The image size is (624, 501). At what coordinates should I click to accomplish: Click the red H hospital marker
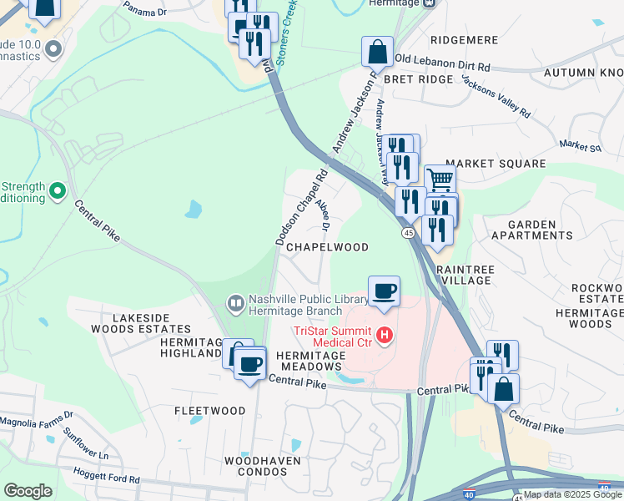(385, 336)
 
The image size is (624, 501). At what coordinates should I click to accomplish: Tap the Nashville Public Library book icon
(236, 302)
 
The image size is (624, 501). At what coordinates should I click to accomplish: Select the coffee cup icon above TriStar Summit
(384, 291)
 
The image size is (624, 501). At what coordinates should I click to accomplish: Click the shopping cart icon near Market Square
(440, 178)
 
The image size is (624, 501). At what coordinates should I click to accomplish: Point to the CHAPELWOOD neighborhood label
(327, 247)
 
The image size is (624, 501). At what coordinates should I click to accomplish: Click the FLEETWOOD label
(209, 411)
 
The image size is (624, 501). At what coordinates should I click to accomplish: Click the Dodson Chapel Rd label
(301, 209)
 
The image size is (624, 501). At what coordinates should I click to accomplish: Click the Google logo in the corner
(28, 491)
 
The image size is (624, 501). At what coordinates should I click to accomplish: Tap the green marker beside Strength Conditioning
(57, 192)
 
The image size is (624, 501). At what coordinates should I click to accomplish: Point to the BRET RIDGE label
(418, 79)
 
